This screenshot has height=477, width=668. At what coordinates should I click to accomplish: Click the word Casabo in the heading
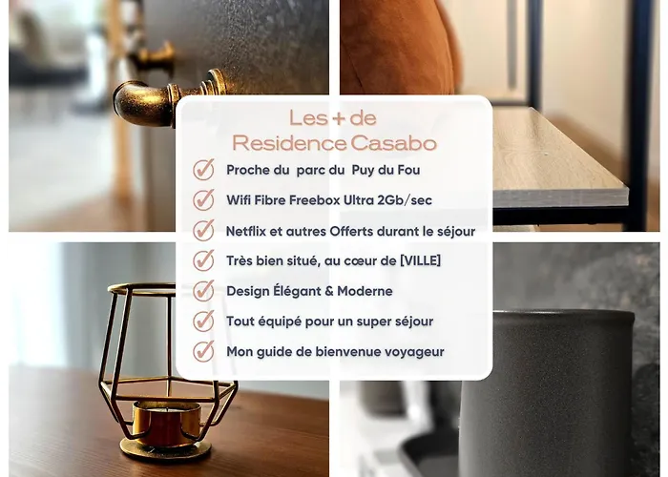click(393, 143)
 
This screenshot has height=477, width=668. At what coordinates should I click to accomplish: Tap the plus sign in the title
click(338, 119)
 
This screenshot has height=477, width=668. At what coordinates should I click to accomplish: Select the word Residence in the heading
click(289, 143)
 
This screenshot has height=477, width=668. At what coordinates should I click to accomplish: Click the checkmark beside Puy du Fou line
click(203, 170)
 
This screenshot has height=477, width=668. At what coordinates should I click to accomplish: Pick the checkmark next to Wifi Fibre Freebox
click(203, 199)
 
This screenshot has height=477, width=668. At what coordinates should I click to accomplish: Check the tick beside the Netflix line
click(203, 231)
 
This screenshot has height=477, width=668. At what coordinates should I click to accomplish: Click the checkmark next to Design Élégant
click(203, 291)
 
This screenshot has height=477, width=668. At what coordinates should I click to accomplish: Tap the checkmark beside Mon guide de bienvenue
click(203, 351)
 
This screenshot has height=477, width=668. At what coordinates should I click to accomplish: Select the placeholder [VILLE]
click(421, 260)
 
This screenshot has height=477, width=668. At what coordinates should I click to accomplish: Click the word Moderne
click(365, 291)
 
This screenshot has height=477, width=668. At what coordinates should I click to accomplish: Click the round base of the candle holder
click(165, 449)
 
